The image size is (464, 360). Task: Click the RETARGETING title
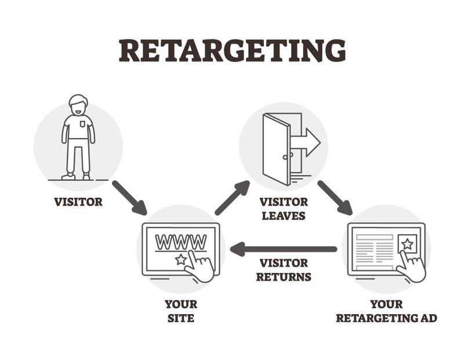click(x=232, y=50)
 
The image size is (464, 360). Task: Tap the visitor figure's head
click(x=78, y=105)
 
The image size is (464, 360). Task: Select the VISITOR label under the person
click(x=78, y=202)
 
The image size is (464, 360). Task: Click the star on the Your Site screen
click(x=181, y=259)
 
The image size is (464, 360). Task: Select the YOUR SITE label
click(x=180, y=311)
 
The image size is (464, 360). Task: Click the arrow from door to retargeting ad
click(x=335, y=197)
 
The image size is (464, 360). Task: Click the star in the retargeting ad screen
click(x=407, y=243)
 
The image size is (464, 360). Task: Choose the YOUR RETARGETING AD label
click(x=386, y=311)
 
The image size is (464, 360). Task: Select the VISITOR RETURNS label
click(x=284, y=270)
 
